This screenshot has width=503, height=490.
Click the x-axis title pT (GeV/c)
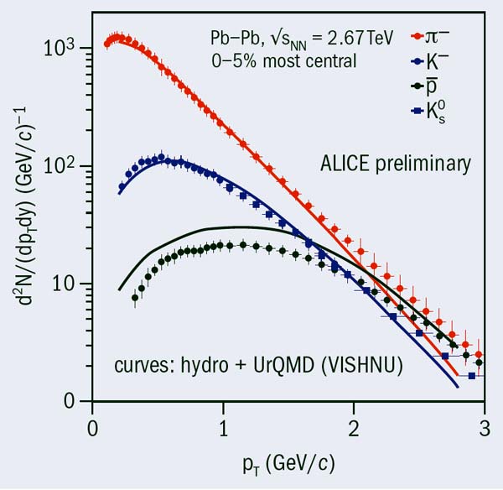pos(288,461)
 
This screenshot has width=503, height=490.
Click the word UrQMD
pos(277,367)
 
